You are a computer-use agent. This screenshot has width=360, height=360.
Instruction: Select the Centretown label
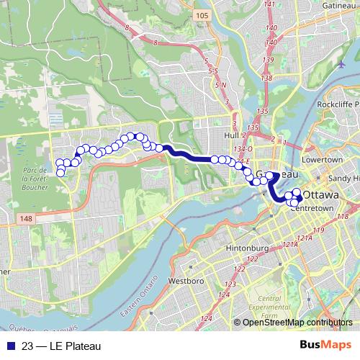311,208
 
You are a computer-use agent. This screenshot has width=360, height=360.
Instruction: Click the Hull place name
231,135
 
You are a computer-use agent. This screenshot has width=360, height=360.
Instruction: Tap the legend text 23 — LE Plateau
61,347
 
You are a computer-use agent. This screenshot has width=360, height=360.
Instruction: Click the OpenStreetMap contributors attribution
297,323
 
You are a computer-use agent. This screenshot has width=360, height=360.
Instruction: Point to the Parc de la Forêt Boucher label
34,179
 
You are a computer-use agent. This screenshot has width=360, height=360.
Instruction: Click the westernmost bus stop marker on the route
60,172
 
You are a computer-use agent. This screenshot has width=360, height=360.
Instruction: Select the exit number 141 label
271,4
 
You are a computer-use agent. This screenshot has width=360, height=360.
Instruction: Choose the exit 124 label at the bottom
207,318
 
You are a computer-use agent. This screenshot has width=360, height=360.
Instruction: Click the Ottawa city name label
321,195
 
